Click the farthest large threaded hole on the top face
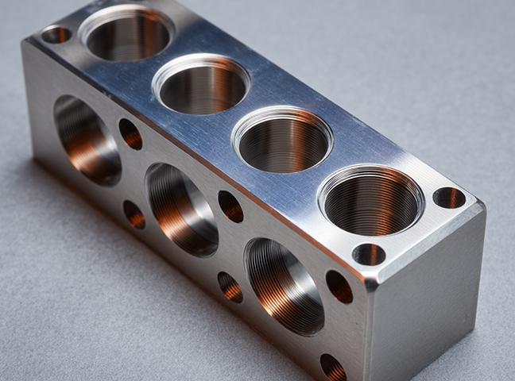click(127, 34)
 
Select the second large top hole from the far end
click(202, 85)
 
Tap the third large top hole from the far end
click(283, 140)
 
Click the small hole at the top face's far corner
click(56, 34)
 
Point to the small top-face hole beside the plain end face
click(449, 198)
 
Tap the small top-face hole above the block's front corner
click(369, 254)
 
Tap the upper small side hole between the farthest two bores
click(130, 134)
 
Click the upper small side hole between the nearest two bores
click(230, 206)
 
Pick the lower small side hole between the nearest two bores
click(230, 287)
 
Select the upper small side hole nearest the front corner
click(339, 287)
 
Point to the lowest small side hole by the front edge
click(333, 367)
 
